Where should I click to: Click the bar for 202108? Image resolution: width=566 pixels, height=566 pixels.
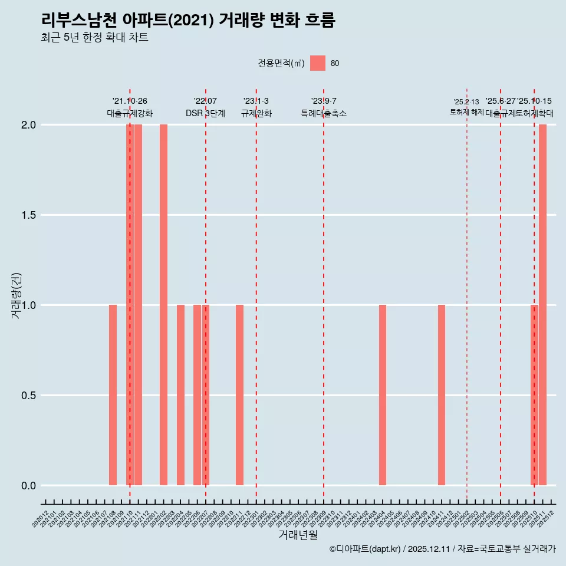click(113, 395)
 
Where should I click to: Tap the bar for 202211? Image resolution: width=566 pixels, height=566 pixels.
click(239, 395)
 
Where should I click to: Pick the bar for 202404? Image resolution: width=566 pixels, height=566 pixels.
click(383, 395)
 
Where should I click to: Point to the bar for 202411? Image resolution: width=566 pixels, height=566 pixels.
click(442, 395)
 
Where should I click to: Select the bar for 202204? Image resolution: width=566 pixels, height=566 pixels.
click(180, 395)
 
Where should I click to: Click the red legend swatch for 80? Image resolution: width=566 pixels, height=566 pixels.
click(318, 63)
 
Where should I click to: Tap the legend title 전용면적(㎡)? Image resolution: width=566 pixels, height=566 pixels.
click(281, 63)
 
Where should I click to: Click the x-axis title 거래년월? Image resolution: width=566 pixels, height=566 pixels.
click(298, 535)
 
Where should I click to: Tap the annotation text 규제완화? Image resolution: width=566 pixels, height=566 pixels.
click(256, 113)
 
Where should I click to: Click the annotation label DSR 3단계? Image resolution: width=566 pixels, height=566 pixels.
click(205, 113)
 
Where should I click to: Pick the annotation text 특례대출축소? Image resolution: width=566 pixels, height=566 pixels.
click(324, 113)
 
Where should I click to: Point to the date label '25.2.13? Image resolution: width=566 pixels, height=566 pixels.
click(466, 102)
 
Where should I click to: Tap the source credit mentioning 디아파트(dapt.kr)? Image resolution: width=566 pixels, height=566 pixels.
click(442, 549)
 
